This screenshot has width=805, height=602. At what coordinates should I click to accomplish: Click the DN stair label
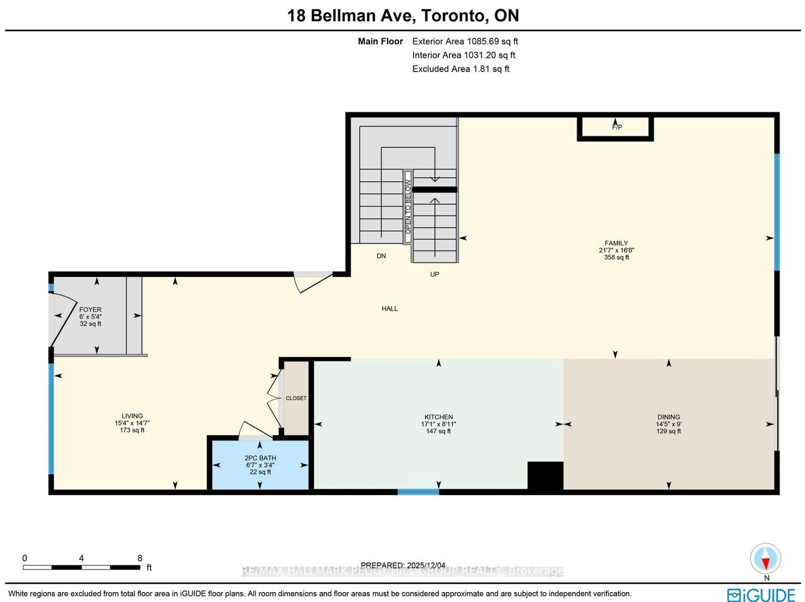coord(381,256)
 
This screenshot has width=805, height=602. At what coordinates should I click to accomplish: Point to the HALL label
coord(390,309)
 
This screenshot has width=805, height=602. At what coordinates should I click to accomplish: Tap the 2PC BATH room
coord(260,458)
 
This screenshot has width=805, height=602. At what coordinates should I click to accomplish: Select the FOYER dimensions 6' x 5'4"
coord(90,317)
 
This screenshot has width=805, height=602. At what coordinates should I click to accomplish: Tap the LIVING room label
coord(132,416)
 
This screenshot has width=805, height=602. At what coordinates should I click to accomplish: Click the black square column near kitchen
coord(545,476)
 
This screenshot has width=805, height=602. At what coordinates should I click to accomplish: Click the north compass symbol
coord(765,558)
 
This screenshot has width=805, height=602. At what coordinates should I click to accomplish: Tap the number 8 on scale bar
coord(140,558)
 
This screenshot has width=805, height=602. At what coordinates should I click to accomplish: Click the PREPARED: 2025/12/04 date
coord(403,565)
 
